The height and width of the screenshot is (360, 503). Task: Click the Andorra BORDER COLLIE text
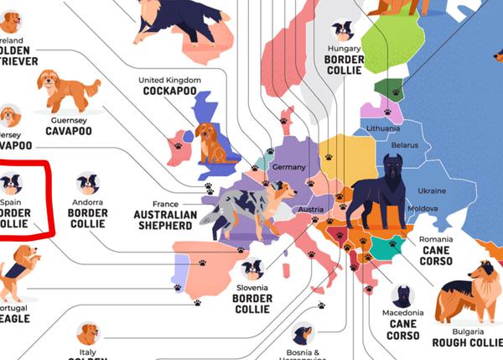point(87,213)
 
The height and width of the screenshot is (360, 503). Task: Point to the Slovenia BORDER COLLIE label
point(251,298)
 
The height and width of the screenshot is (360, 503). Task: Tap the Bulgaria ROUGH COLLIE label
point(467,336)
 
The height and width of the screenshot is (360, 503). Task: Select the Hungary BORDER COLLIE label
point(344,60)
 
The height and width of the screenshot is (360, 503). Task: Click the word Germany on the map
point(290,167)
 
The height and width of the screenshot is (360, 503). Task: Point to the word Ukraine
point(431,190)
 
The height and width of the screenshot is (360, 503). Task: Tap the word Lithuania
point(383,128)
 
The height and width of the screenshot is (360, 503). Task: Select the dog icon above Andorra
point(87,184)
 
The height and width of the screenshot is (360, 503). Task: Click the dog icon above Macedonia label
point(402,295)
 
